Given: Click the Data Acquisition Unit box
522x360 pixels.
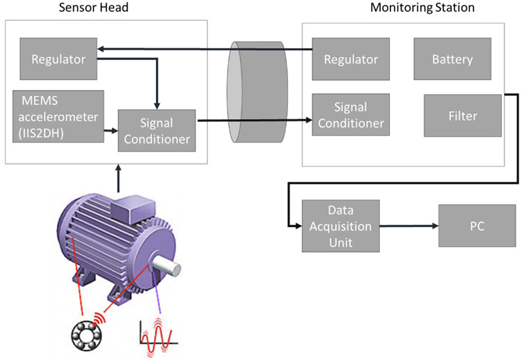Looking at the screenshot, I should click(341, 226).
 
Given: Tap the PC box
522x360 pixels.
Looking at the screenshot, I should click(477, 226).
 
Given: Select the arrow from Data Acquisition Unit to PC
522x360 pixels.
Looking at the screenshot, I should click(409, 226).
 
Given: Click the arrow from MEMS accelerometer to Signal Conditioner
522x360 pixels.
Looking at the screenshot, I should click(110, 130).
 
